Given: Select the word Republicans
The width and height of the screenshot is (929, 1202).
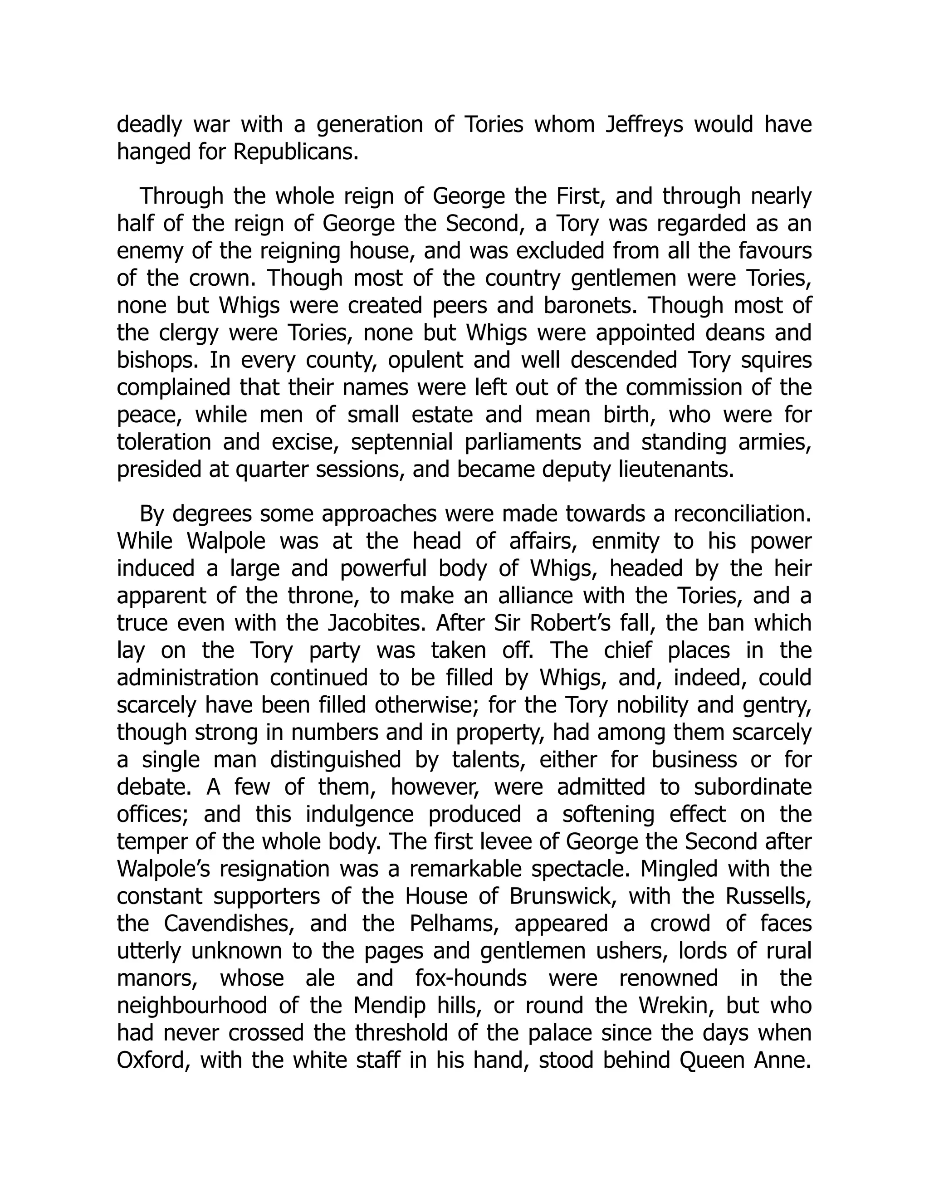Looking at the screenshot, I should pyautogui.click(x=296, y=152).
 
